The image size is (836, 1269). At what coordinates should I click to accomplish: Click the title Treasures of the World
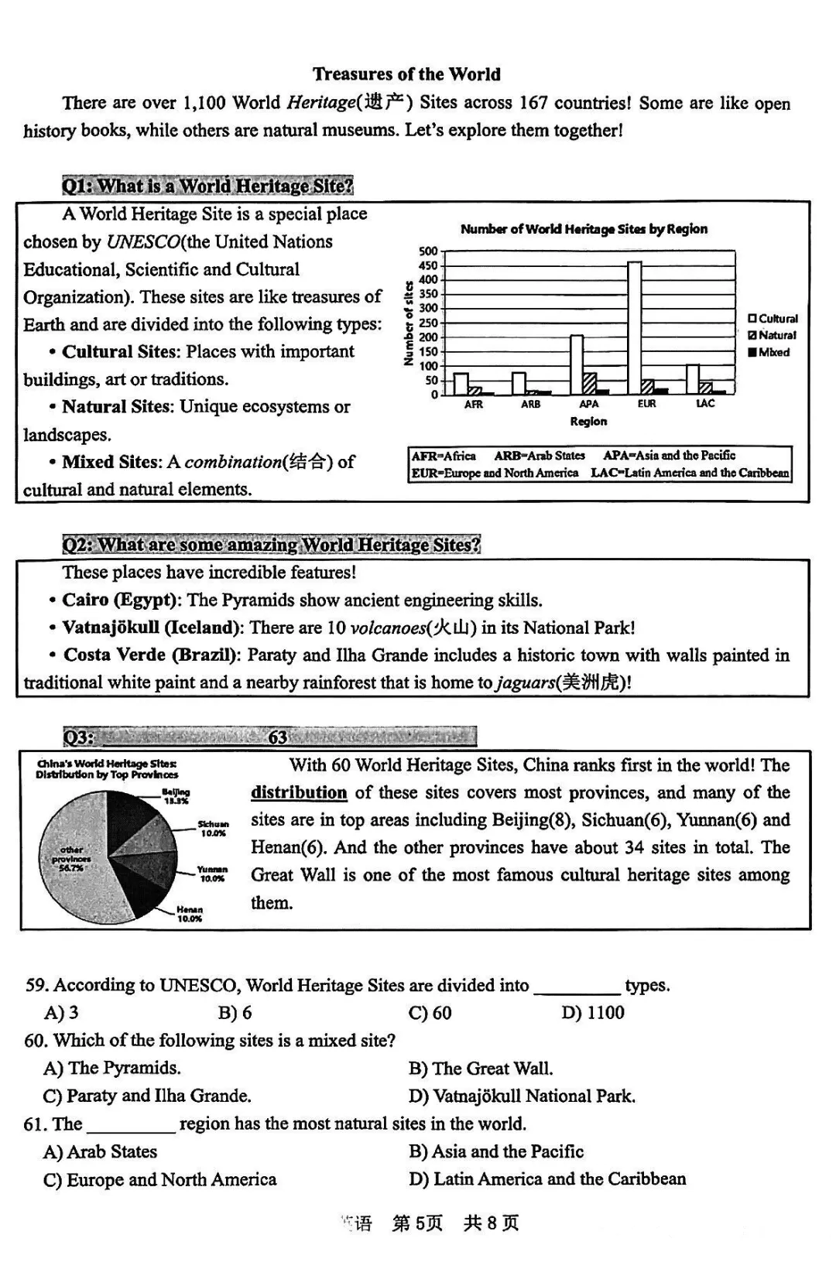406,74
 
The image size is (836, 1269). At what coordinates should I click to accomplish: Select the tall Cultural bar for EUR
634,328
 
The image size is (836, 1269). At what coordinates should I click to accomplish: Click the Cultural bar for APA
577,364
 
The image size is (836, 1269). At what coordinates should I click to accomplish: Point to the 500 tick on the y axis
428,251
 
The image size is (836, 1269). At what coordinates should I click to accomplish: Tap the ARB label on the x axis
530,405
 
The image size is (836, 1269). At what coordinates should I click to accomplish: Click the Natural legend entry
772,335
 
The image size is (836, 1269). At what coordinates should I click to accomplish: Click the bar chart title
584,229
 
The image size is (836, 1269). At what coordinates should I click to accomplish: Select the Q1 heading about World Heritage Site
207,186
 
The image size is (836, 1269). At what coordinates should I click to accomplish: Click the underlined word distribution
299,792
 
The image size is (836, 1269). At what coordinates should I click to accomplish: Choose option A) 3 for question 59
61,1012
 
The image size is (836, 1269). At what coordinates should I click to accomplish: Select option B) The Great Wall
481,1069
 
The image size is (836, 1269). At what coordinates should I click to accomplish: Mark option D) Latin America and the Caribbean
547,1179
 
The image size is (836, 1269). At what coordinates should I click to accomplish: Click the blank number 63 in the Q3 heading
278,737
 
